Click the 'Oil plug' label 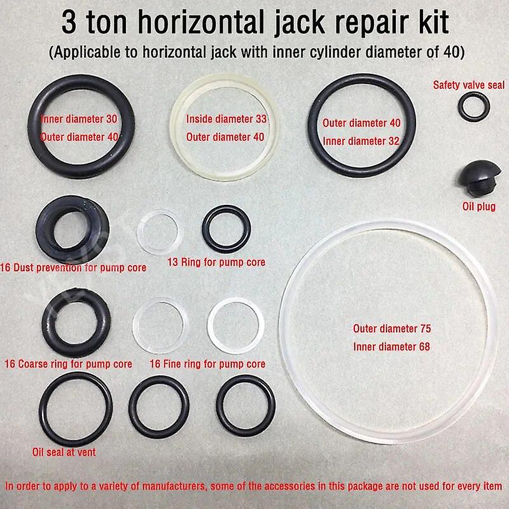479,207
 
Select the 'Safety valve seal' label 469,85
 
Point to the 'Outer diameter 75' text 392,328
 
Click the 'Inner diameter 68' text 391,347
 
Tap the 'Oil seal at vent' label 64,452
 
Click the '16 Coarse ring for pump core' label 69,364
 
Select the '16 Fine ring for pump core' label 207,364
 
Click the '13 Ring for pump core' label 216,262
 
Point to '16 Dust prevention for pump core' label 73,268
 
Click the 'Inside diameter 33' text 227,119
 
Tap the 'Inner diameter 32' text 361,141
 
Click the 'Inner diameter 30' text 79,119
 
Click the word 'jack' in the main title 300,23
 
